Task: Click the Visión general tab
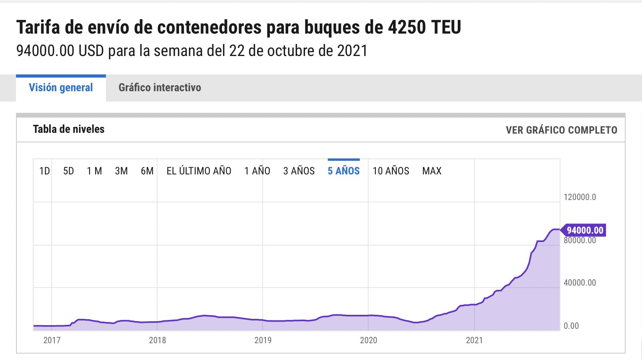coord(61,88)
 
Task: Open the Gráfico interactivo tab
coord(160,88)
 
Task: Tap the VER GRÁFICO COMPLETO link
coord(561,130)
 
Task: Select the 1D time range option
coord(44,171)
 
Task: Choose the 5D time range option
coord(68,171)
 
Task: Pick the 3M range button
coord(121,171)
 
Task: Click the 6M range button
coord(147,171)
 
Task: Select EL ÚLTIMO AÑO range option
coord(199,171)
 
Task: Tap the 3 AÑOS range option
coord(299,171)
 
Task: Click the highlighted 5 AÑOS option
coord(343,171)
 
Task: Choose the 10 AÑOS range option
coord(391,171)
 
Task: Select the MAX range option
coord(432,171)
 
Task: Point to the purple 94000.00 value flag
coord(584,230)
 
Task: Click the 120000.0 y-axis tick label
coord(580,197)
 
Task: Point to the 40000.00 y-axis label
coord(580,283)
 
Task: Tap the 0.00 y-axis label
coord(571,326)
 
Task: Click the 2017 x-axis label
coord(52,340)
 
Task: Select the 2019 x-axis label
coord(263,340)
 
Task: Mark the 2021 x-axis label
coord(474,340)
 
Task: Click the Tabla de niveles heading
coord(68,129)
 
